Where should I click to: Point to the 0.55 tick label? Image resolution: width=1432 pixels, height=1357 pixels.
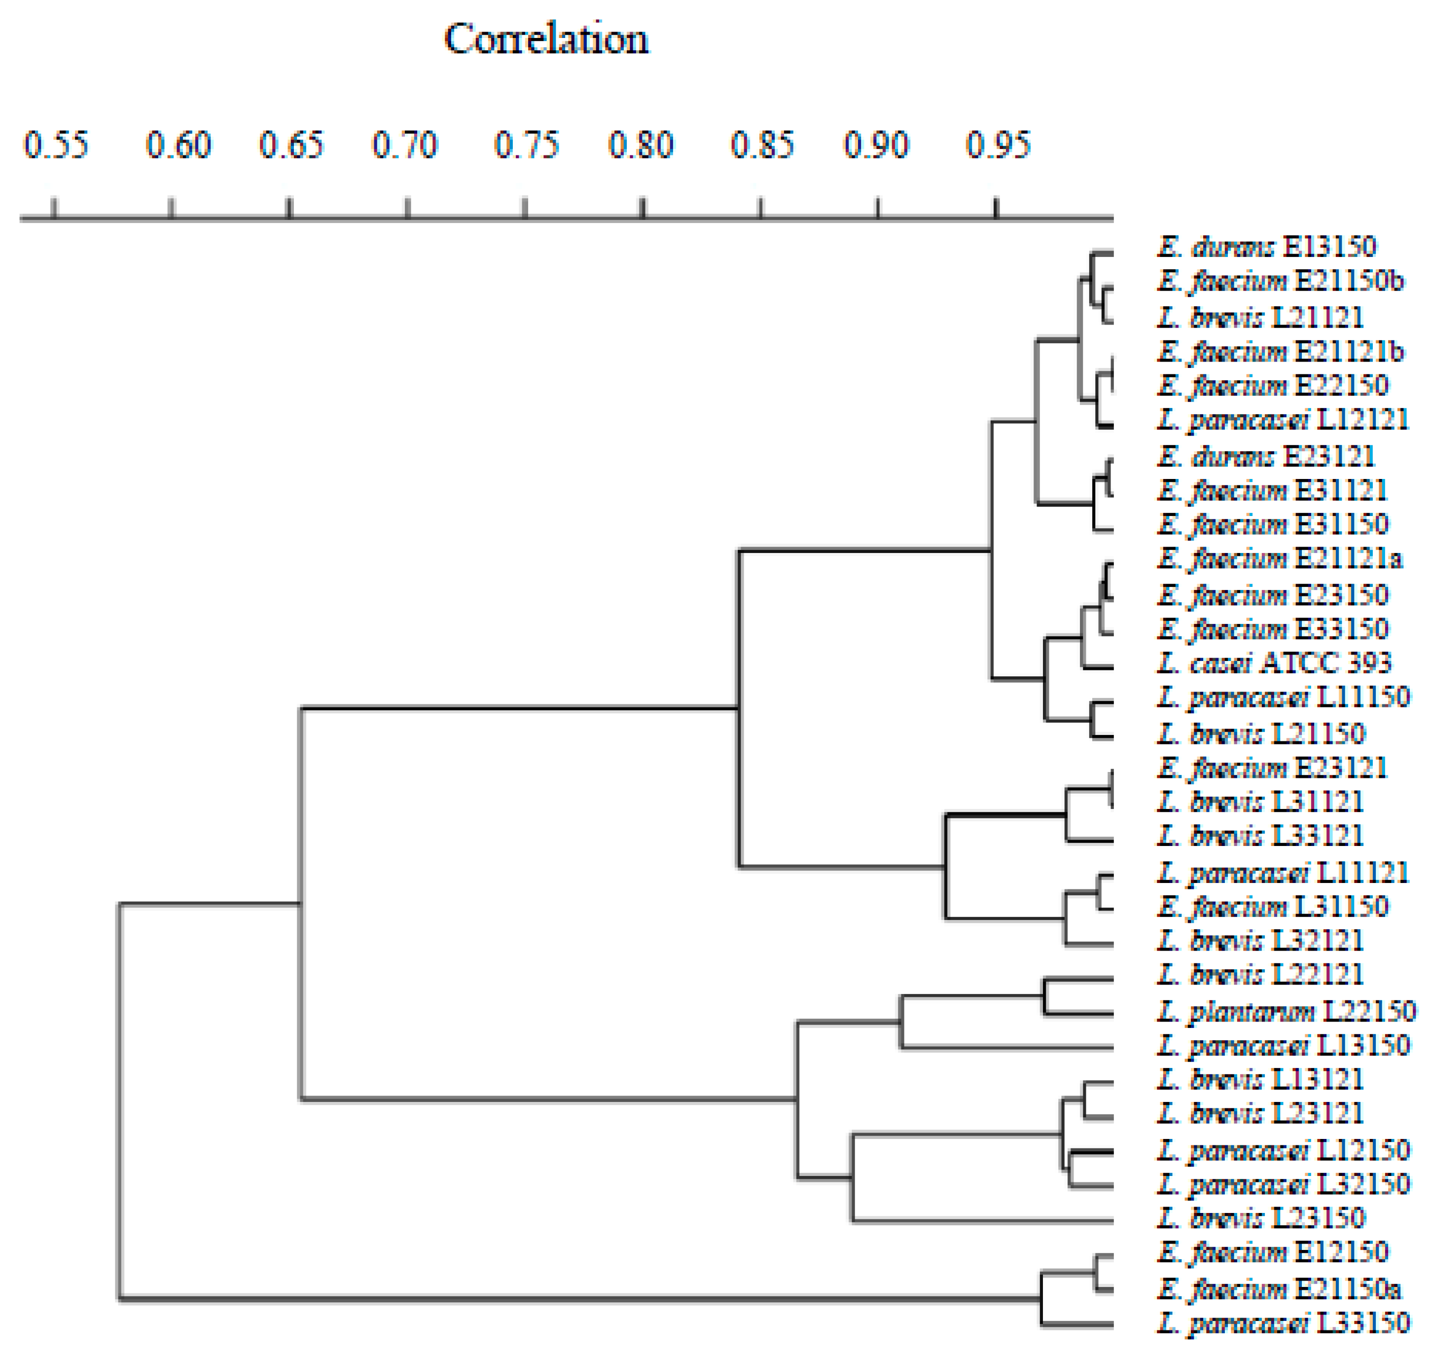pos(56,145)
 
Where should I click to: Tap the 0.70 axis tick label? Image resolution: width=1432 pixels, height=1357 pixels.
pos(405,145)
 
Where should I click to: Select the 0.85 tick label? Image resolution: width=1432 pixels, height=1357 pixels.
pos(761,145)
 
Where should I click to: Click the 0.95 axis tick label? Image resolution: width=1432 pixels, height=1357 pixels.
pos(998,145)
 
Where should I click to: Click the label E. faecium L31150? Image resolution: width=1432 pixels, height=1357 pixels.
pos(1273,906)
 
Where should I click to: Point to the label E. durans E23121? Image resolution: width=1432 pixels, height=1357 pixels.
pos(1266,456)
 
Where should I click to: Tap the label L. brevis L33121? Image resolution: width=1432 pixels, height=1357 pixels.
pos(1260,836)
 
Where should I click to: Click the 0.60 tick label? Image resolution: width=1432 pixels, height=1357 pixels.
pos(178,145)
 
